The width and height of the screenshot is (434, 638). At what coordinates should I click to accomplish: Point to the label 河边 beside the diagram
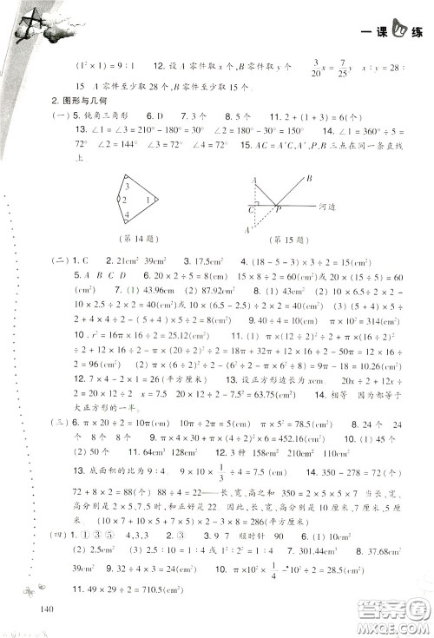333,209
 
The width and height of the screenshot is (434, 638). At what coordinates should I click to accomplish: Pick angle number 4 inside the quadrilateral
128,214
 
